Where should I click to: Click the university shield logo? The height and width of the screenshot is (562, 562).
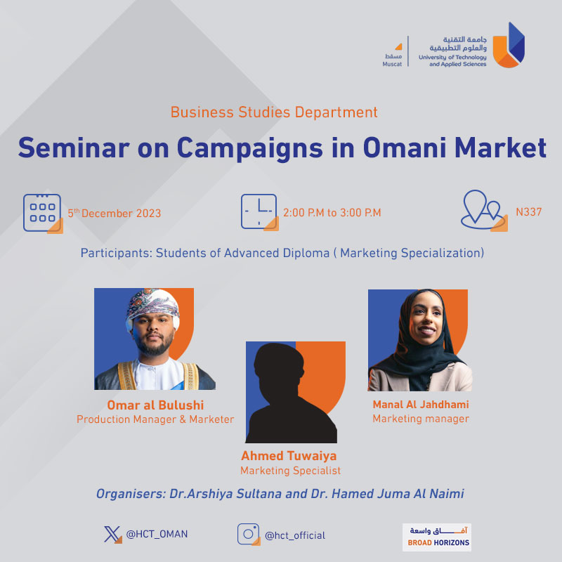pos(509,45)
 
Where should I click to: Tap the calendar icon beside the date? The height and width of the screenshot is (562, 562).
pos(43,214)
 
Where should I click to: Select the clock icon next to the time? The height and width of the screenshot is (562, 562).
pos(259,212)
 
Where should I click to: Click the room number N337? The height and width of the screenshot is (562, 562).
pos(529,212)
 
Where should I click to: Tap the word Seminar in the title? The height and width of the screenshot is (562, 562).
pos(74,148)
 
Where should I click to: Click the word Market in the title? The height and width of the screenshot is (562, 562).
pos(500,148)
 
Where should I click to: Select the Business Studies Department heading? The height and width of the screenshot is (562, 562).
pos(274,112)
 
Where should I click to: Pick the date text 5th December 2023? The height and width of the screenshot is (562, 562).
pos(115,214)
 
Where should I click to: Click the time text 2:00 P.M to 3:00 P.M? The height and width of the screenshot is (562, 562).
pos(332,213)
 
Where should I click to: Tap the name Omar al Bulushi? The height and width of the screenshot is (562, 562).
pos(155,405)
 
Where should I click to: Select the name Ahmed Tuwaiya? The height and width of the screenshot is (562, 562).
pos(289,455)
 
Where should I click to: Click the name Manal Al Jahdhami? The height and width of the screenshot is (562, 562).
pos(421,405)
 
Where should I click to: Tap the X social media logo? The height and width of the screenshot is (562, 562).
pos(112,535)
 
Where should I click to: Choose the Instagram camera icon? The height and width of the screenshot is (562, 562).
pos(249,534)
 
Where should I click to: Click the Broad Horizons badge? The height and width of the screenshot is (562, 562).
pos(437,537)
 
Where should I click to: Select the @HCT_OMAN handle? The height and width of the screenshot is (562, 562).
pos(157,534)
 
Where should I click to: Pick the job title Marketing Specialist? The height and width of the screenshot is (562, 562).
pos(290,470)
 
